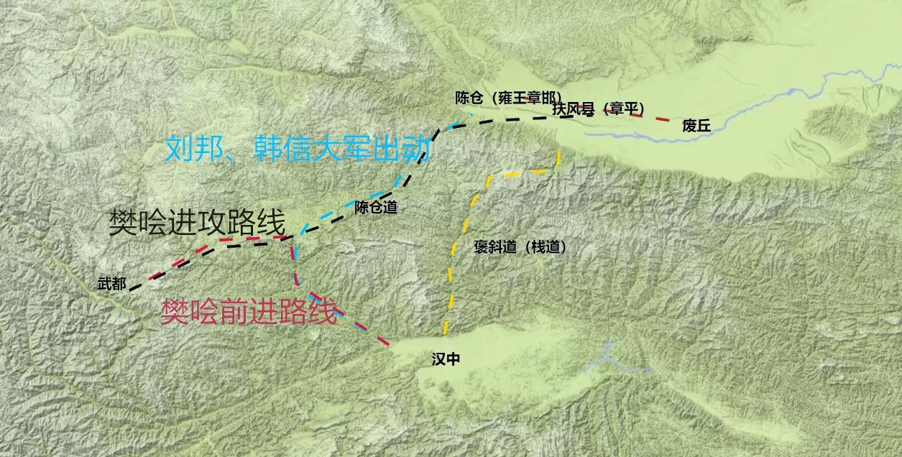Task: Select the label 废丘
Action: click(x=696, y=126)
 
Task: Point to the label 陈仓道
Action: click(x=375, y=208)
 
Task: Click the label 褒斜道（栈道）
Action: click(x=520, y=247)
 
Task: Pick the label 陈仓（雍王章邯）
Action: click(x=508, y=98)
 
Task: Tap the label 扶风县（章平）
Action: click(x=598, y=109)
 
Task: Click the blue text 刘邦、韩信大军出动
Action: click(x=298, y=149)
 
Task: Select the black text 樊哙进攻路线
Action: click(x=197, y=223)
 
